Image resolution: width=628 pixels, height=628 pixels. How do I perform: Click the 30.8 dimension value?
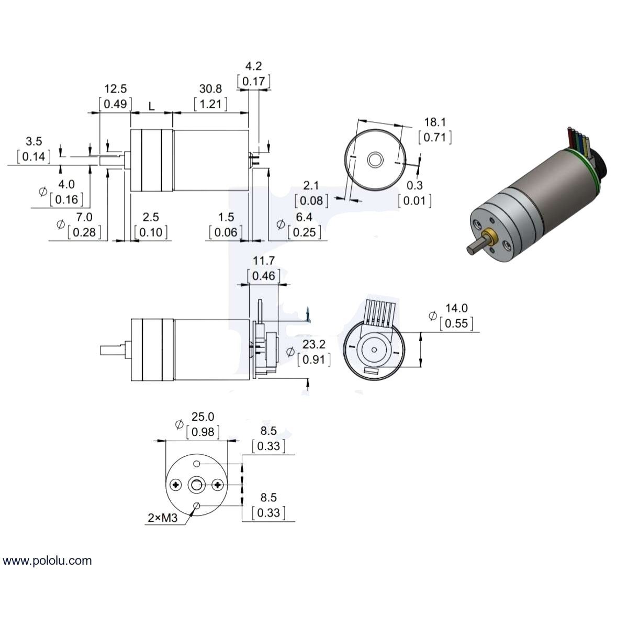210,89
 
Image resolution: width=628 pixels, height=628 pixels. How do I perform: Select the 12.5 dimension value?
115,89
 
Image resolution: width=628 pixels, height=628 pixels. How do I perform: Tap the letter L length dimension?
151,107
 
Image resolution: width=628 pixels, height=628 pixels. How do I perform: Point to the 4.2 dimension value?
254,66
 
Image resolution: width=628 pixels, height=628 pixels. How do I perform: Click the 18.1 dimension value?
435,122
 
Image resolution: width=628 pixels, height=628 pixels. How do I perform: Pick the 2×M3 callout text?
162,518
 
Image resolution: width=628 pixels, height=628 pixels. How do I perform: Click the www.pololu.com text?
47,561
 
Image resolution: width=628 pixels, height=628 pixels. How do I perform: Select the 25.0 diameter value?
203,417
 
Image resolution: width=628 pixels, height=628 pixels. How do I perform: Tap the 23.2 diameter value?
313,344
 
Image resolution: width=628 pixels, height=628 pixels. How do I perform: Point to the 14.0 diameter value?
456,308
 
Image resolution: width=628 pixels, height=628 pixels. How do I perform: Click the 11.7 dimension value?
263,261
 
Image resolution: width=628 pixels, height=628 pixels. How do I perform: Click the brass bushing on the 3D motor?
491,237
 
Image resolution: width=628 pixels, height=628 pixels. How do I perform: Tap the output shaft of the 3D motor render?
475,246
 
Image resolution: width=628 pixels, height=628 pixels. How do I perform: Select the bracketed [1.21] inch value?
210,104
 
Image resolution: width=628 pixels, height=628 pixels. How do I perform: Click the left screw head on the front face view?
176,485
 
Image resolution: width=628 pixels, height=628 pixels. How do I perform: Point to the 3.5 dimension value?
33,141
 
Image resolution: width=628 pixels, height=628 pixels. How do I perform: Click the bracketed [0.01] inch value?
414,200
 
